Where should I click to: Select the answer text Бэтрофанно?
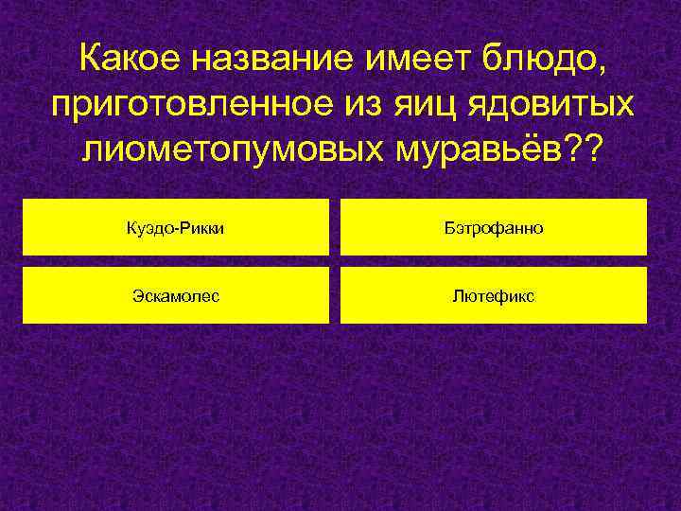click(493, 228)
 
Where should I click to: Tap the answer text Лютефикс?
click(493, 296)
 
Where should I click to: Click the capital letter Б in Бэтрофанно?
click(447, 228)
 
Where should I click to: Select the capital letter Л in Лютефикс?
click(457, 296)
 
